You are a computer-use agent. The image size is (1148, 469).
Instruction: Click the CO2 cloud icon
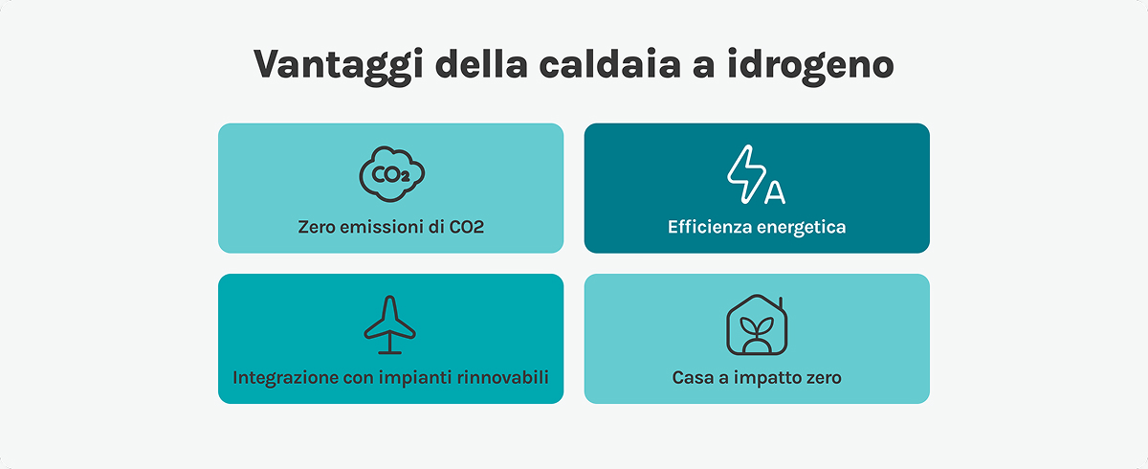pyautogui.click(x=391, y=175)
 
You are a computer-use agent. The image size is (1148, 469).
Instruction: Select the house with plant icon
pyautogui.click(x=757, y=325)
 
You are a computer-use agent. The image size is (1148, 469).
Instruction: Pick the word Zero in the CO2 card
pyautogui.click(x=318, y=228)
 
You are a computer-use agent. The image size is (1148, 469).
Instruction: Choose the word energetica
pyautogui.click(x=800, y=228)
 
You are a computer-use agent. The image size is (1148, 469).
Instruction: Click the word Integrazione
pyautogui.click(x=284, y=377)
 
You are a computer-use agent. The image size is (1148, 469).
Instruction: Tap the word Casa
pyautogui.click(x=691, y=377)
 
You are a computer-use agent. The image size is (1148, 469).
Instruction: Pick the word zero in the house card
pyautogui.click(x=822, y=377)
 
